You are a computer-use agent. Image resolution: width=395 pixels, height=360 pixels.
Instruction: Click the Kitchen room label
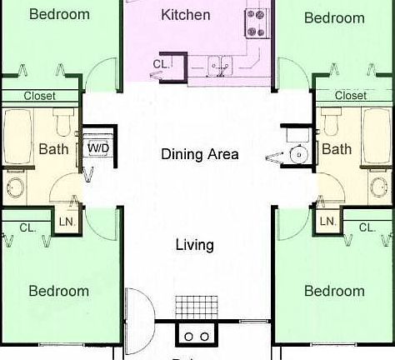click(x=185, y=15)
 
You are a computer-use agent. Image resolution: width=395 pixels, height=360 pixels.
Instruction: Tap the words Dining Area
click(x=199, y=154)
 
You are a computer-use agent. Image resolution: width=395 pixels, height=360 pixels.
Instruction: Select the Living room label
click(x=194, y=245)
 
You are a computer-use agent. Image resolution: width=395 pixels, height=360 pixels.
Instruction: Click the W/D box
click(x=97, y=148)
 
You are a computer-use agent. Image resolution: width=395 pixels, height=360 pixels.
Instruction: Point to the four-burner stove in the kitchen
click(x=256, y=22)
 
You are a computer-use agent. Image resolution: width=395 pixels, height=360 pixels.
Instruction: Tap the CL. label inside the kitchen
click(x=161, y=64)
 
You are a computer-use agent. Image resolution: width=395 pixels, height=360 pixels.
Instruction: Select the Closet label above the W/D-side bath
click(x=39, y=96)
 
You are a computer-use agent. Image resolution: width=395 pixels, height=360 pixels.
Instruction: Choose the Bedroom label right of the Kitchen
click(x=333, y=17)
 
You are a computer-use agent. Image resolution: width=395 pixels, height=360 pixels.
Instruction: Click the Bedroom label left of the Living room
click(x=58, y=291)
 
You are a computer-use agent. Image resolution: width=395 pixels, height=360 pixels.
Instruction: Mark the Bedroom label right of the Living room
click(x=333, y=291)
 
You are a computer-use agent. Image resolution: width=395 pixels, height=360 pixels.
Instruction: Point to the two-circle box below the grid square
click(x=197, y=336)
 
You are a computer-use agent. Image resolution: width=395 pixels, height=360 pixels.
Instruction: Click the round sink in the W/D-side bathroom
click(x=16, y=185)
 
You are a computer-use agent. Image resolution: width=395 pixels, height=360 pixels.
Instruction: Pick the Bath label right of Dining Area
click(x=337, y=149)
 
